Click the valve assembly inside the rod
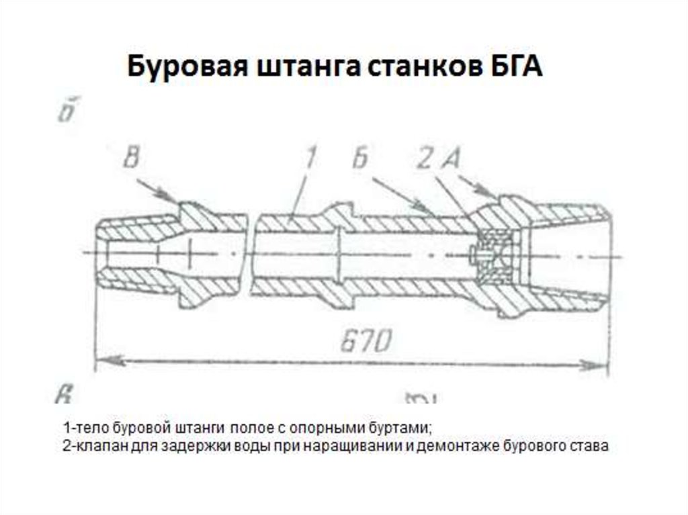494,256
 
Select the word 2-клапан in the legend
85,446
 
